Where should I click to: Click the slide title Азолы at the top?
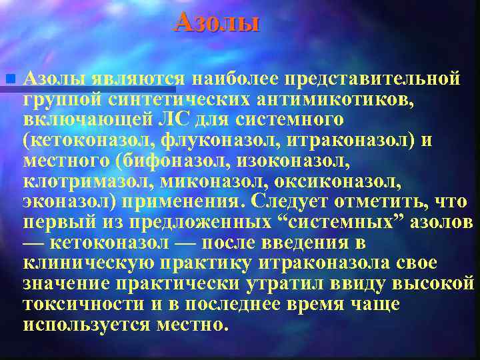coord(216,23)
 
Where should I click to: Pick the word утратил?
coord(285,283)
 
